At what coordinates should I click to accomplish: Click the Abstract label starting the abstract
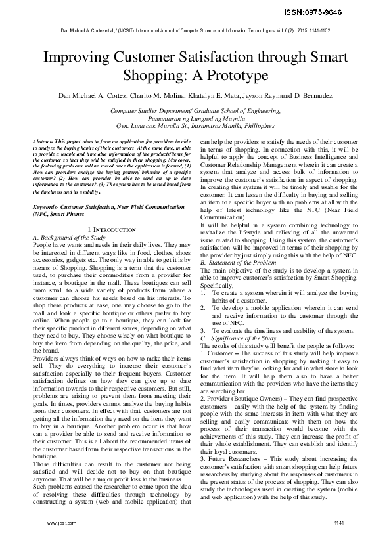pos(44,142)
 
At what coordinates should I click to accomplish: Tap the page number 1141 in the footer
pos(339,541)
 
